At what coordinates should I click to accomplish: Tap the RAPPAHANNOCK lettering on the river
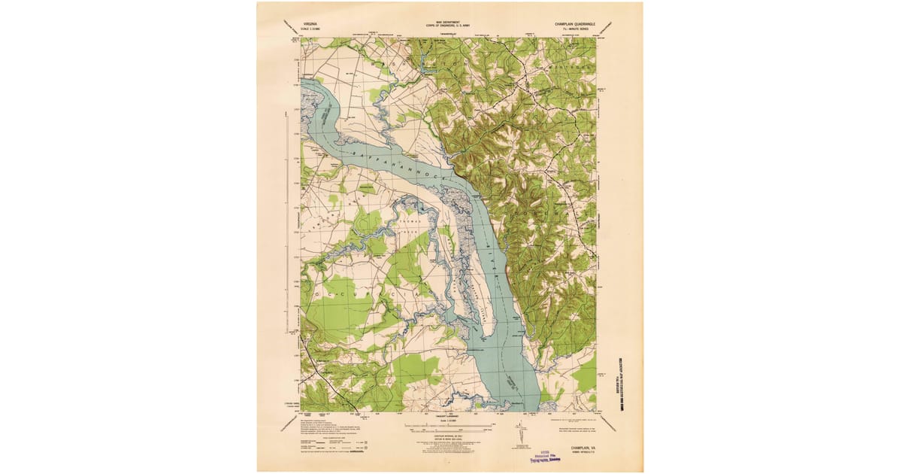click(x=398, y=162)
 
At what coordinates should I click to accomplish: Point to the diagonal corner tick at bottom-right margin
click(x=609, y=424)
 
